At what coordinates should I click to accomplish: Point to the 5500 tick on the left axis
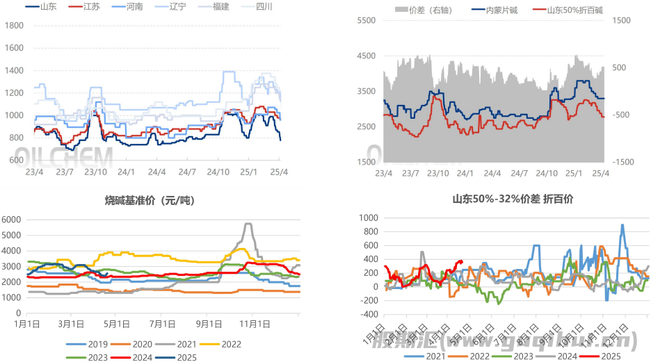366,21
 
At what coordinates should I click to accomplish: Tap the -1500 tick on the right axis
623,162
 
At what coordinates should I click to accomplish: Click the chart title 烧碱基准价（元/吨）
150,201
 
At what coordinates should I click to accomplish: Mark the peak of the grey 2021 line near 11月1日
248,224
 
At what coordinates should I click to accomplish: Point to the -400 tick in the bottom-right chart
367,313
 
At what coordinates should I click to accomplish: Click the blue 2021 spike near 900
622,225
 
